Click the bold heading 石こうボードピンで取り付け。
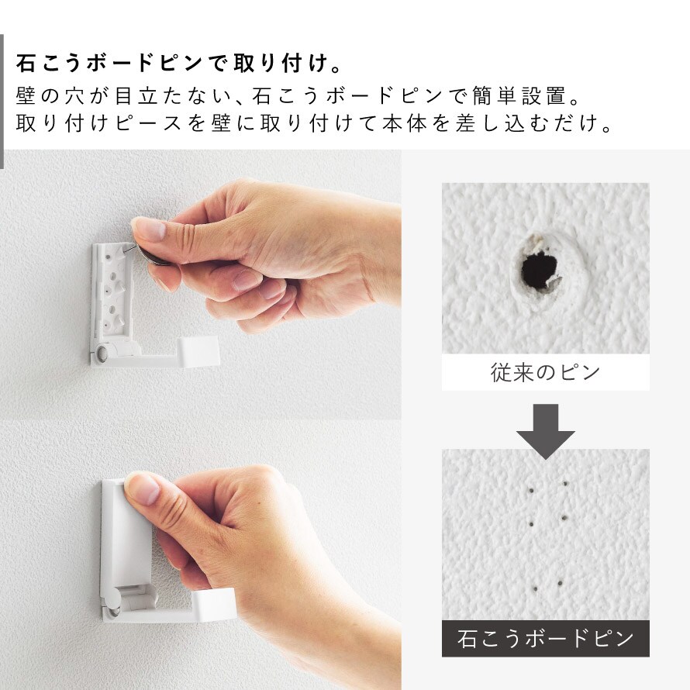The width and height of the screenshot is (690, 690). click(x=179, y=63)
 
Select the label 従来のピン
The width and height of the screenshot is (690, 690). click(x=545, y=373)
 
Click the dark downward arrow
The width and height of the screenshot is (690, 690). click(x=545, y=432)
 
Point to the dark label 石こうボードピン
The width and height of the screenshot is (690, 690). click(x=545, y=638)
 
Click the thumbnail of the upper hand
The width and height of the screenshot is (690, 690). click(x=149, y=229)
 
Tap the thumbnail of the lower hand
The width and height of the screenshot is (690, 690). click(x=142, y=488)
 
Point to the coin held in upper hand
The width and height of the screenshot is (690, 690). click(x=152, y=257)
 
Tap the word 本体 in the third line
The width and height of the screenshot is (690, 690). click(x=403, y=122)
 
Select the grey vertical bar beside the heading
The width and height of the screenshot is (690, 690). click(x=2, y=102)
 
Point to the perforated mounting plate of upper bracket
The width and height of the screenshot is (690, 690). click(x=112, y=290)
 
